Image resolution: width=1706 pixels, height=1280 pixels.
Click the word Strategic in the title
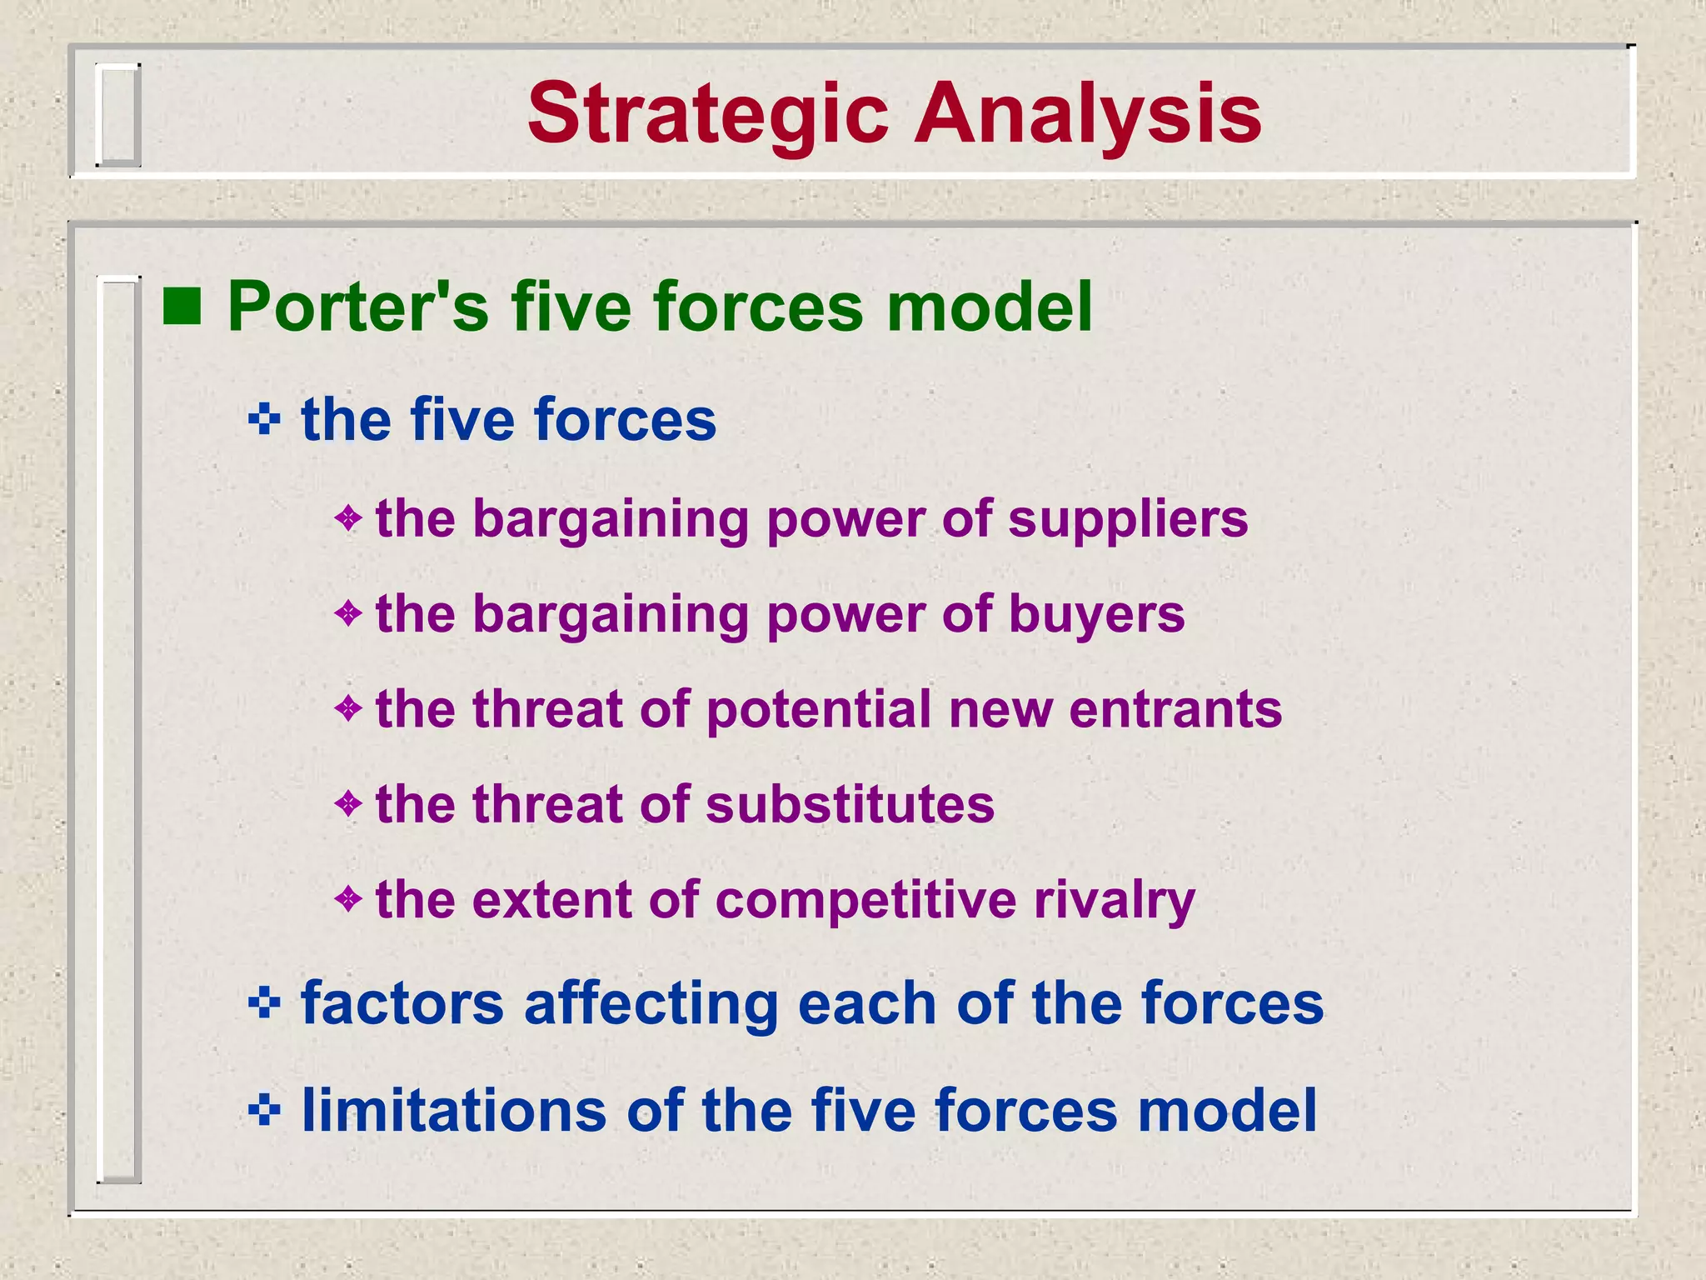tap(708, 115)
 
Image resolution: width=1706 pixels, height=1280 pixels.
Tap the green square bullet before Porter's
tap(182, 306)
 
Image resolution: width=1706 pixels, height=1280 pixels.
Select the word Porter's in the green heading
tap(358, 307)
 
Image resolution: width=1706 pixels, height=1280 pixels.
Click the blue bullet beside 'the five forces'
tap(264, 419)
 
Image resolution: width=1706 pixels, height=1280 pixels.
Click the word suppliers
tap(1128, 520)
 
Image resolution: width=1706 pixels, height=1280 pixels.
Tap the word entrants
tap(1175, 710)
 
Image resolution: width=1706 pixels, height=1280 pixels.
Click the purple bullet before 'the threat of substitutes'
tap(348, 804)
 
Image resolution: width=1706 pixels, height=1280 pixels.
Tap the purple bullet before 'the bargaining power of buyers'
tap(348, 614)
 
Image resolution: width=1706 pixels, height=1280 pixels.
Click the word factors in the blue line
tap(402, 1003)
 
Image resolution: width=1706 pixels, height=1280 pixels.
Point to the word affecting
tap(651, 1003)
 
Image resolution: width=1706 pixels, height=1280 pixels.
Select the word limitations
tap(454, 1111)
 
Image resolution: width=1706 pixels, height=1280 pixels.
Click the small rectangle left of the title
tap(117, 115)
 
